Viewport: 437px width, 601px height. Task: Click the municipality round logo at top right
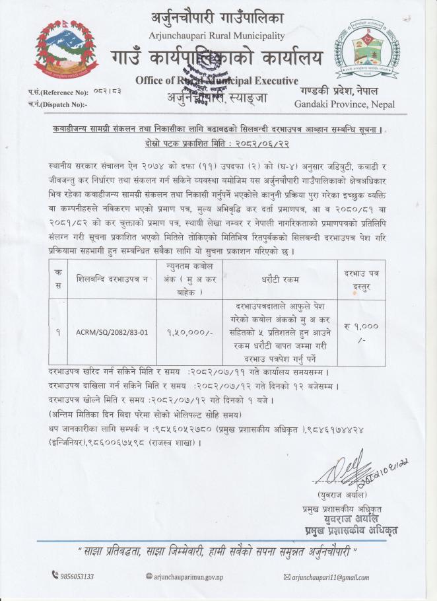click(360, 48)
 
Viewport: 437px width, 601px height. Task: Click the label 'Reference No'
click(63, 93)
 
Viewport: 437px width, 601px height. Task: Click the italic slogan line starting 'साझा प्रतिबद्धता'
click(218, 550)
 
